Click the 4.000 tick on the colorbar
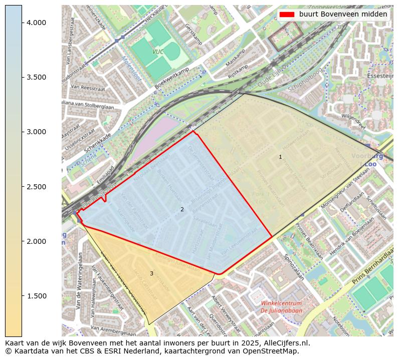click(22, 23)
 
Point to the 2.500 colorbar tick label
click(37, 187)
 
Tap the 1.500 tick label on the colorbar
click(37, 296)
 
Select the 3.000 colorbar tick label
click(37, 132)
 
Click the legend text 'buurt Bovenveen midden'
click(343, 15)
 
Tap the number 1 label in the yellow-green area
click(280, 157)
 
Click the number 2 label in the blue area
click(182, 209)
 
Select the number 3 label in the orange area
click(151, 273)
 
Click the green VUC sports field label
click(158, 52)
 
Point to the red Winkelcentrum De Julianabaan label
click(281, 307)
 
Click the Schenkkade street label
click(98, 143)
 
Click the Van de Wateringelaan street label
click(79, 280)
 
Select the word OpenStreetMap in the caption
click(274, 351)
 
